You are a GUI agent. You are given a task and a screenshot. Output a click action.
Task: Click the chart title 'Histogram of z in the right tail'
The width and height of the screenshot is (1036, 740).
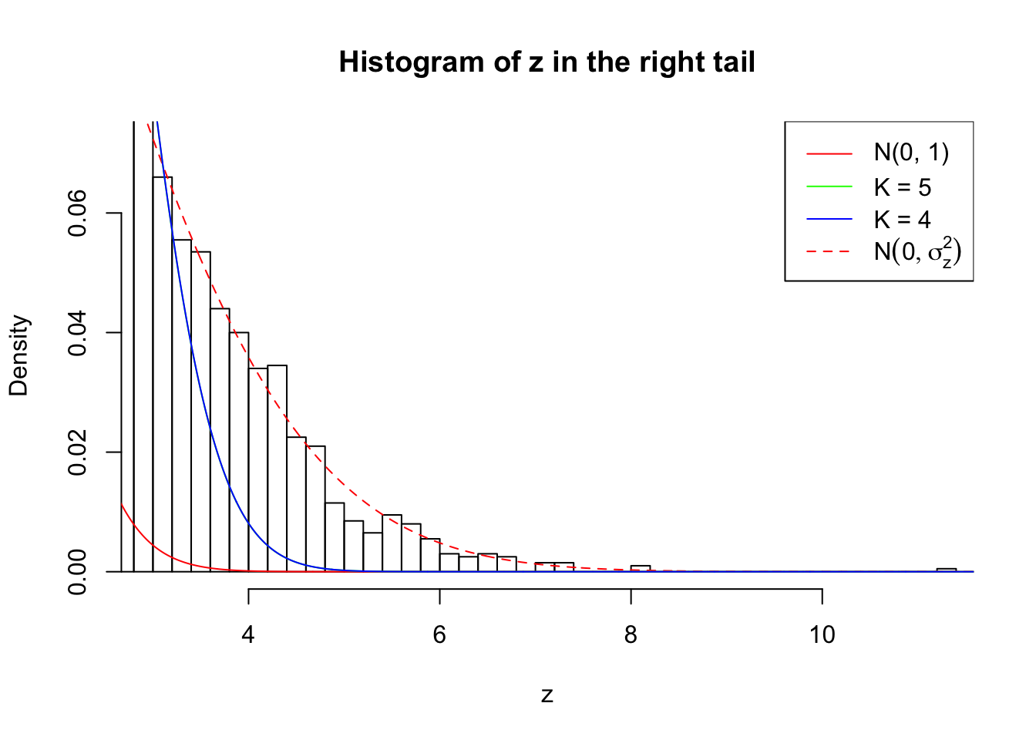pos(547,62)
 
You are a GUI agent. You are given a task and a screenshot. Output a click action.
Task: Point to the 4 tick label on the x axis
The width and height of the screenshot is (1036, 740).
pos(248,634)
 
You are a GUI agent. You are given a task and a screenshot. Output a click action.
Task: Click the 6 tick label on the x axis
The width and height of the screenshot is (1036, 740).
pos(439,634)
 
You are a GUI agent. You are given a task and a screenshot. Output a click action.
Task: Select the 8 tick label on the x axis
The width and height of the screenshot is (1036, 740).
pos(631,634)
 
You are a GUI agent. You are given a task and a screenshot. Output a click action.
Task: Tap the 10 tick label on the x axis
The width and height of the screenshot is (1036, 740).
pos(822,634)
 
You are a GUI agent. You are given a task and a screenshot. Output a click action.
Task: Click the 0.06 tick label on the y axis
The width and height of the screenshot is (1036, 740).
pos(78,213)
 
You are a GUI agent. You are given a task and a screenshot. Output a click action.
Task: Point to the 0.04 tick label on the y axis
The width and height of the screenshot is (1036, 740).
pos(78,332)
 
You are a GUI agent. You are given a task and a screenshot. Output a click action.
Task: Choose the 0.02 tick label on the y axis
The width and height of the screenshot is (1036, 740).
pos(78,452)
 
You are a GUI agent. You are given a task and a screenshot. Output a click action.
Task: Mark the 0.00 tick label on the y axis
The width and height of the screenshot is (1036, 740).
pos(78,572)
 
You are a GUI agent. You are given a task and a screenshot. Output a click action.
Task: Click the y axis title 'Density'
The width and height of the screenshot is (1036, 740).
pos(18,355)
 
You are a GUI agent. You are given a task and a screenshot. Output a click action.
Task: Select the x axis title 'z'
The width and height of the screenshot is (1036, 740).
pos(547,695)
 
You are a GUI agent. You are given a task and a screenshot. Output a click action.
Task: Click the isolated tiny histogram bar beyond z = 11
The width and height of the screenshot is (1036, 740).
pos(947,570)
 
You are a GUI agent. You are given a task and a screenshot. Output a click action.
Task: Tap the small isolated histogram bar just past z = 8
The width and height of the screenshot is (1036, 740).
pos(641,569)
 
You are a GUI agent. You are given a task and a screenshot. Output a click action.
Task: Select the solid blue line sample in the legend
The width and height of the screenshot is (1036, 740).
pos(829,220)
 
